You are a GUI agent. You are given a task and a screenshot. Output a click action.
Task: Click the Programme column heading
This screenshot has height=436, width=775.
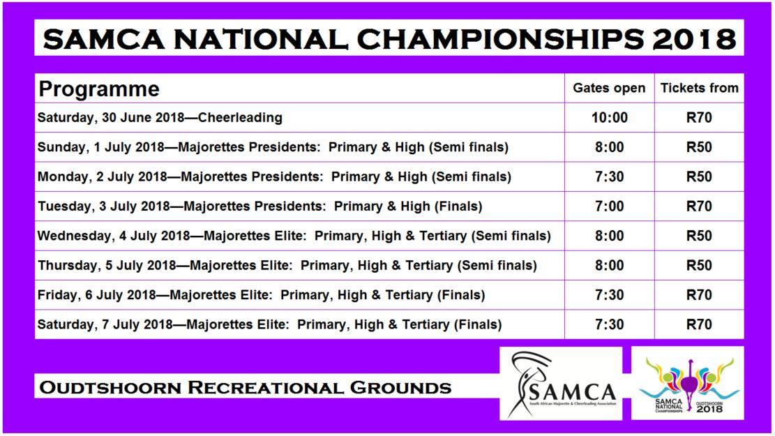(x=99, y=89)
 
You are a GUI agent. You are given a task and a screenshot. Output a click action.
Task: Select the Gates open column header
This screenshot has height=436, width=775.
(x=609, y=89)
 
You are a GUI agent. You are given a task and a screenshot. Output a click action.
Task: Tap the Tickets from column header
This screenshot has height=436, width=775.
(x=700, y=88)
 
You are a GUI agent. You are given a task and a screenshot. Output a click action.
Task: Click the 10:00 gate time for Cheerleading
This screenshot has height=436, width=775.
(x=610, y=118)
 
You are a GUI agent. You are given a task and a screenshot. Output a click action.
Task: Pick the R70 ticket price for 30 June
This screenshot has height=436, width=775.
(x=699, y=118)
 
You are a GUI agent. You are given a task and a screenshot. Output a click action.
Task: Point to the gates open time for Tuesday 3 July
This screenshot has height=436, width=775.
(x=610, y=206)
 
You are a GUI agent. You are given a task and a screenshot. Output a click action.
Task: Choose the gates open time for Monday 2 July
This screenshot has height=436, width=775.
(x=610, y=176)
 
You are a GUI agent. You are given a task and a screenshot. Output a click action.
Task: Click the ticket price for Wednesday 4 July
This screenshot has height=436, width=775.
(x=699, y=236)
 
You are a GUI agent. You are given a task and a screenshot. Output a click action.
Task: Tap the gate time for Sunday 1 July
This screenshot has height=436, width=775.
(x=610, y=147)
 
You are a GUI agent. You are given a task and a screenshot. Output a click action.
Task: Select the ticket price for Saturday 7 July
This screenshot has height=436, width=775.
(x=699, y=324)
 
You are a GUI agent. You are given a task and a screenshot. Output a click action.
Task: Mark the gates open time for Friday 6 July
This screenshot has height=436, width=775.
(x=610, y=294)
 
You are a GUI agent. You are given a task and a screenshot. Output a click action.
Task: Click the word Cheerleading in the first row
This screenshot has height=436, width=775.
(x=240, y=118)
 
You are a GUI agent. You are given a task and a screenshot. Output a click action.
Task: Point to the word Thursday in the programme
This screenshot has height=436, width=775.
(x=68, y=266)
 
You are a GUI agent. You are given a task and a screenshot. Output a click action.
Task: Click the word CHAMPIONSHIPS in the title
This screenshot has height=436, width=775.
(x=500, y=38)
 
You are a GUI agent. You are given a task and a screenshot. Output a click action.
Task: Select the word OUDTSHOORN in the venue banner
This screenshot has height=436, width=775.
(x=110, y=388)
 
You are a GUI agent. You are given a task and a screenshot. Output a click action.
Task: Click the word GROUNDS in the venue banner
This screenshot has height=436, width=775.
(x=400, y=388)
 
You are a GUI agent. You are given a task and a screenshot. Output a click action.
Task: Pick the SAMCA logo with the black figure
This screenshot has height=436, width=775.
(x=561, y=384)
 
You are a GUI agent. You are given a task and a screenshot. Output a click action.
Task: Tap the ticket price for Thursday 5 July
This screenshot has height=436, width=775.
(x=699, y=266)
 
